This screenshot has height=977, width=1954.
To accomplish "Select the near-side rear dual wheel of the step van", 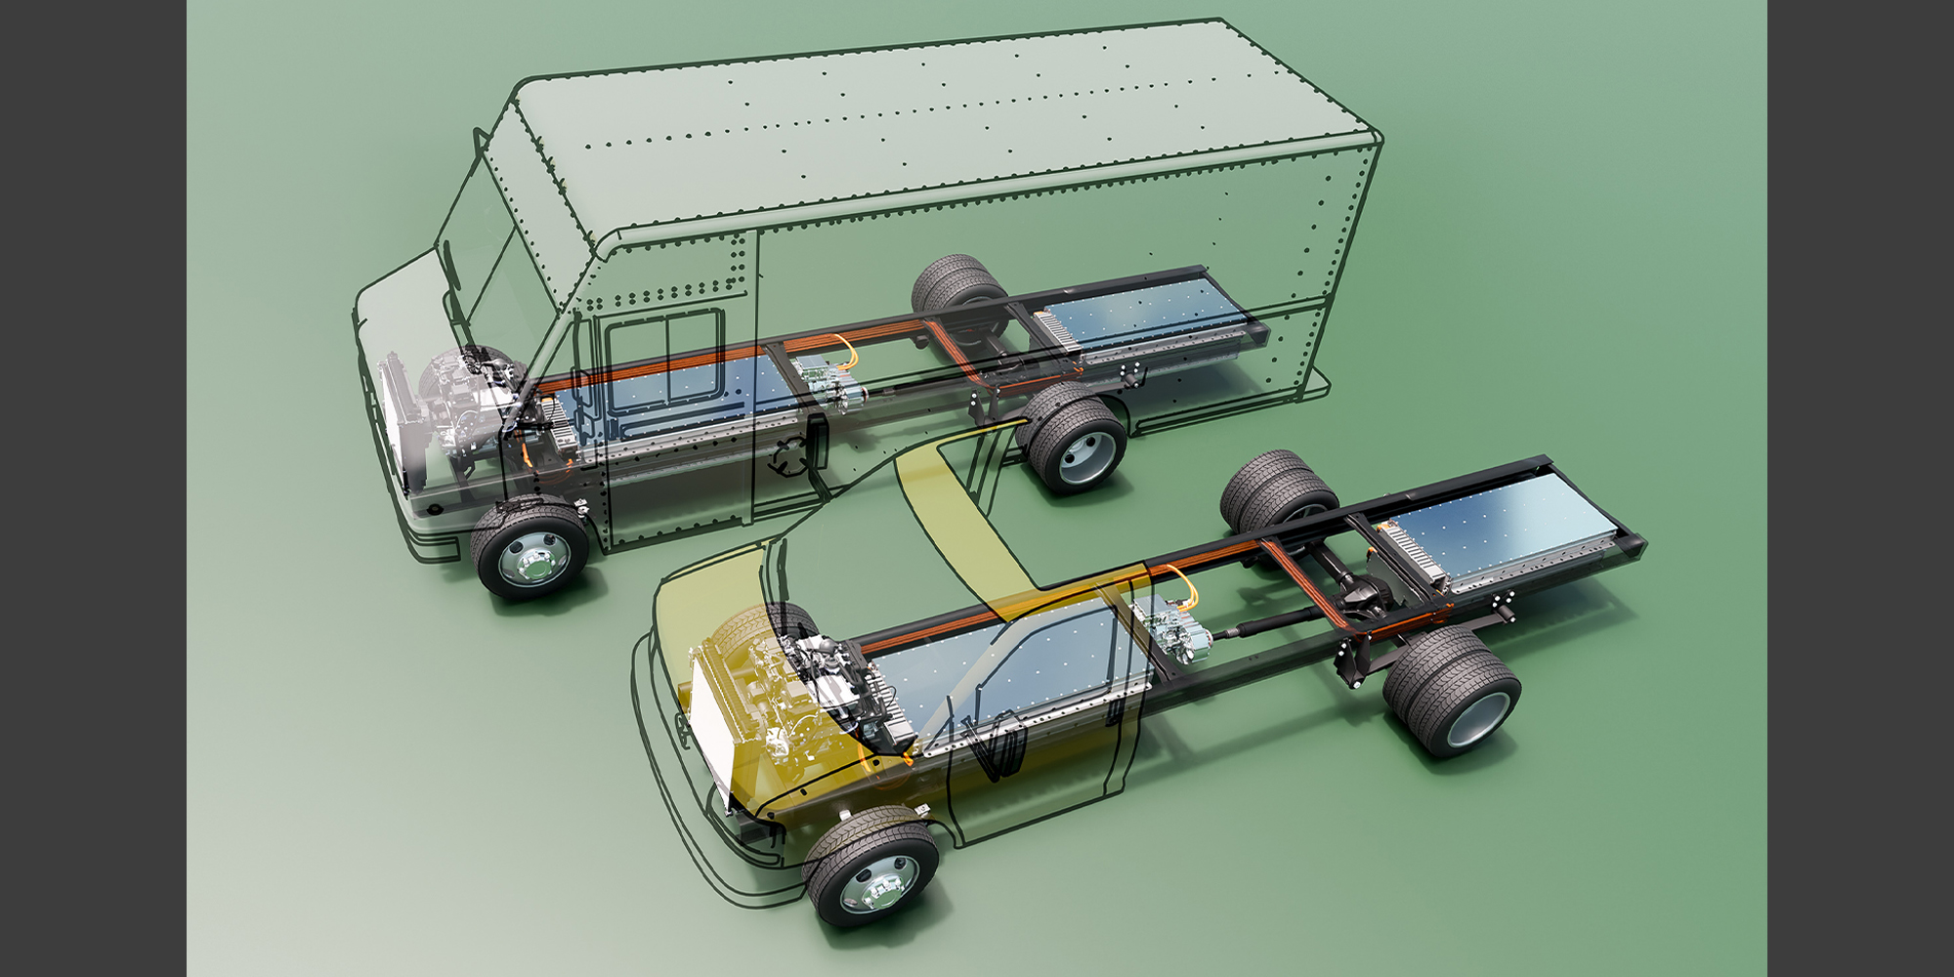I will click(1075, 440).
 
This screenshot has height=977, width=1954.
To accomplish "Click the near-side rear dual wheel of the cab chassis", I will click(1453, 688).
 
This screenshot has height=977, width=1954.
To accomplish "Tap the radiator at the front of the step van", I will click(396, 420).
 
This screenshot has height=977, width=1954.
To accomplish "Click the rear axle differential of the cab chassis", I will click(1368, 591).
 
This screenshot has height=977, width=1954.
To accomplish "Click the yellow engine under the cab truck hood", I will click(772, 703).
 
